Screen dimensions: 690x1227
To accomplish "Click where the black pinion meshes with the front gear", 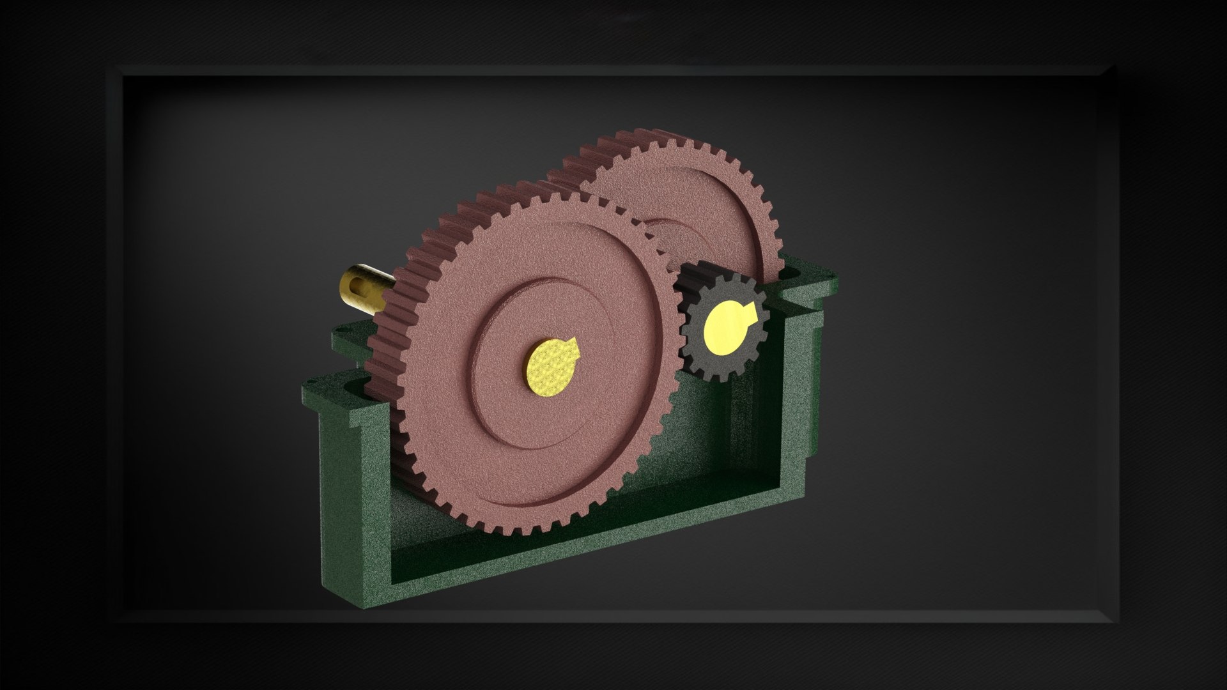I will point(677,319).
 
